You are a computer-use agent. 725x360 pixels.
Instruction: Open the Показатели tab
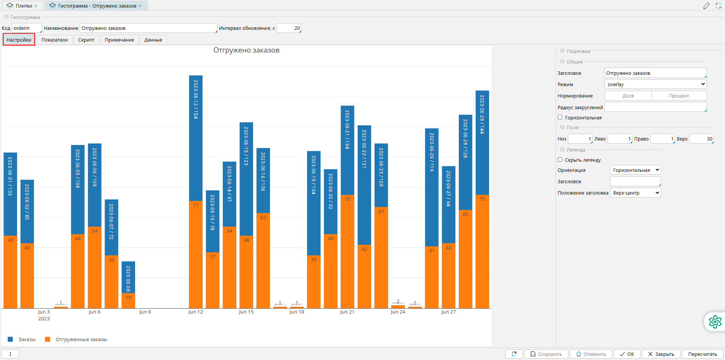pos(54,40)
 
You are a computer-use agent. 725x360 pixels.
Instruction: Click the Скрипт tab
pos(86,40)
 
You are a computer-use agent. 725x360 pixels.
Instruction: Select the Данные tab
pos(153,40)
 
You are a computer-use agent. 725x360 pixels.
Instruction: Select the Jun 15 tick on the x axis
pos(246,312)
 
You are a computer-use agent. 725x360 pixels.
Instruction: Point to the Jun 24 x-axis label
pos(398,312)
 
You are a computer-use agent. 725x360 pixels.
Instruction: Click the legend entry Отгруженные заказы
pos(81,340)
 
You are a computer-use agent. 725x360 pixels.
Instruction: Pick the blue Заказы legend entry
pos(27,340)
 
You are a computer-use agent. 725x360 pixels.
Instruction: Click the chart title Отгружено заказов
pos(246,50)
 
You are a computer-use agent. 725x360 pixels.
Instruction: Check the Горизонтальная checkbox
pos(560,117)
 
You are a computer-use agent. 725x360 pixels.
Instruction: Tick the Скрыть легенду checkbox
pos(560,160)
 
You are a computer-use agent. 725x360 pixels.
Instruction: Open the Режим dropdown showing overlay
pos(655,84)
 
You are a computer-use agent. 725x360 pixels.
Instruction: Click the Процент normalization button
pos(679,96)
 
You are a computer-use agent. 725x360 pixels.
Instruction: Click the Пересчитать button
pos(702,354)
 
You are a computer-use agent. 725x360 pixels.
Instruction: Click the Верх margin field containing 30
pos(701,139)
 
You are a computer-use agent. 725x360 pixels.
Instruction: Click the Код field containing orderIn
pos(26,28)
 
